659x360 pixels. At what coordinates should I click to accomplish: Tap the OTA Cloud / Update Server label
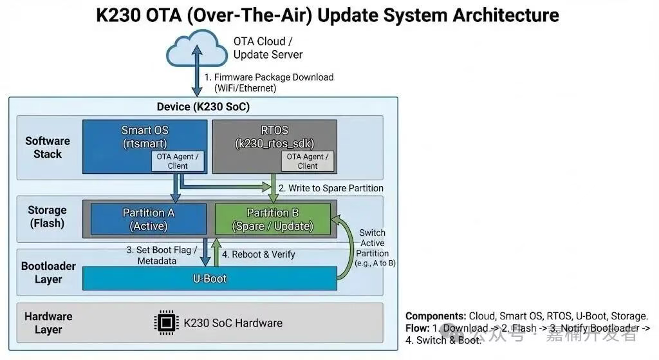click(x=268, y=48)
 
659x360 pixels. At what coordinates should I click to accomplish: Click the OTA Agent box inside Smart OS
click(x=178, y=161)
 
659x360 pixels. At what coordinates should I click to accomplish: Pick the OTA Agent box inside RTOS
click(x=308, y=161)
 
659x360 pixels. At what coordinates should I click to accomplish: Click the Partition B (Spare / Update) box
click(x=272, y=219)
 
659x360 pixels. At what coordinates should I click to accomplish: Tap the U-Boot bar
click(x=210, y=279)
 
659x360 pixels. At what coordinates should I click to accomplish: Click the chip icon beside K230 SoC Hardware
click(x=166, y=323)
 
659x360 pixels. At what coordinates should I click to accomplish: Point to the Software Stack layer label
click(x=48, y=147)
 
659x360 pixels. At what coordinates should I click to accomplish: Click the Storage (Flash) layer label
click(x=47, y=217)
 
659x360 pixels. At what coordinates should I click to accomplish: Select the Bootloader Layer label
click(x=48, y=272)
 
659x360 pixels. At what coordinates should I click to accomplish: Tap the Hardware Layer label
click(x=48, y=323)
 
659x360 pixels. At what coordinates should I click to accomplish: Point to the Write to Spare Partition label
click(x=331, y=188)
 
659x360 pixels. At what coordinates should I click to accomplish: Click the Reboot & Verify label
click(x=258, y=254)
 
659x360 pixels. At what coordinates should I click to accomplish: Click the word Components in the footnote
click(x=435, y=316)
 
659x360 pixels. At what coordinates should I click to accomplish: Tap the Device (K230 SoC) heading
click(x=203, y=106)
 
